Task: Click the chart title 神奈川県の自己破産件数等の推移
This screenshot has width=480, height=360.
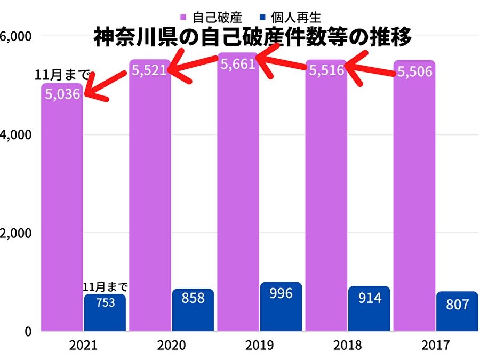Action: coord(253,38)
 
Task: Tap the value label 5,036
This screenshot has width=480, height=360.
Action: coord(62,94)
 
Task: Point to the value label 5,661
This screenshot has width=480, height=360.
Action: coord(238,65)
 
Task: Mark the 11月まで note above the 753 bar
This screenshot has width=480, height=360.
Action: coord(105,287)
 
